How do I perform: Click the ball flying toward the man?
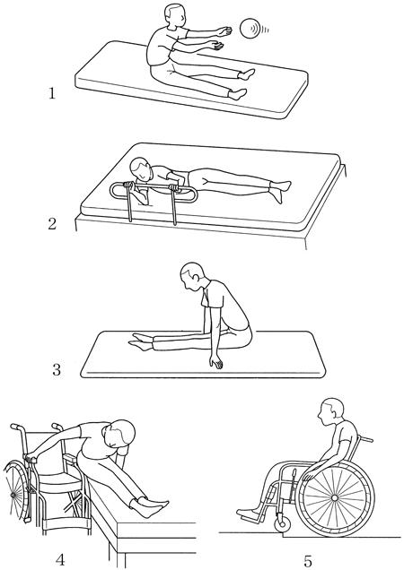pos(250,28)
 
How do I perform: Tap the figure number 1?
pos(52,93)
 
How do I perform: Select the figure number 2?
pos(52,223)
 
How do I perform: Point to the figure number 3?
pos(57,370)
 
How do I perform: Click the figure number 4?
pos(60,560)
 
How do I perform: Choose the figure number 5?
pos(307,561)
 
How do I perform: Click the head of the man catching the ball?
pos(172,15)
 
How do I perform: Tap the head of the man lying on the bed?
pos(141,169)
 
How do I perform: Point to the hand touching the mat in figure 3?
pos(216,363)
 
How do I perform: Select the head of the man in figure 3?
pos(191,276)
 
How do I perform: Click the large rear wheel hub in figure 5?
pos(334,497)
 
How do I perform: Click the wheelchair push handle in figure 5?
pos(365,439)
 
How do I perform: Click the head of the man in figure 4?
pos(119,434)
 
